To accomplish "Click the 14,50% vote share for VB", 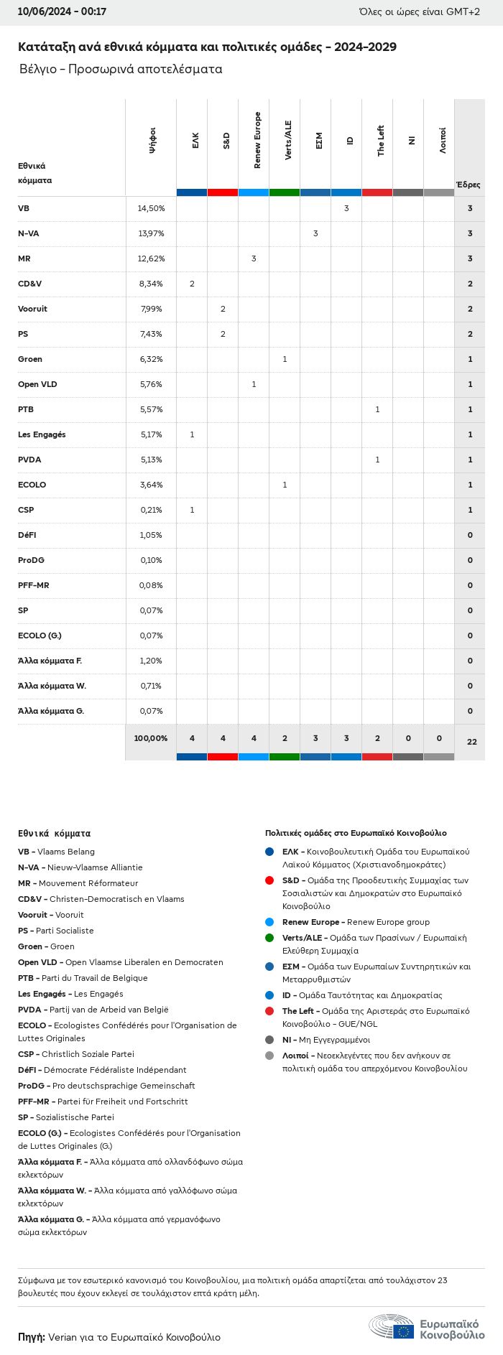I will pos(151,208).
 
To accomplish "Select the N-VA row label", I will pos(28,233).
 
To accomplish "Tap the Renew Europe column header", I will pos(257,140).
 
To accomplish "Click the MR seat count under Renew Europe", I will pos(254,259).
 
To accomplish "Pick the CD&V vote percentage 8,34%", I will pos(151,284).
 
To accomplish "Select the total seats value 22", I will pos(471,742).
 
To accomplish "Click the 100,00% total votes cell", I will pos(151,738).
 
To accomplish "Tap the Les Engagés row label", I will pos(42,434).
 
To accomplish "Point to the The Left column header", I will pos(381,141).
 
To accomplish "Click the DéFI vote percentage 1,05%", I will pos(151,535).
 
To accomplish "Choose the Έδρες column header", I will pos(468,185).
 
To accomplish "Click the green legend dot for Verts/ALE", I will pos(269,938).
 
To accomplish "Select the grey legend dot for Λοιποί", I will pos(269,1056).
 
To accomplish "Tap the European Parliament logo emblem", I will pos(392,1326).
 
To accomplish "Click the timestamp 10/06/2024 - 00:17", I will pos(63,11).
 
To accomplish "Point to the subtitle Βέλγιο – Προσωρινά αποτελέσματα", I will pos(121,69).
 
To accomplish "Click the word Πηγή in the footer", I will pos(32,1337).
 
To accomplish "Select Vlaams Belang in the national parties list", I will pos(66,852).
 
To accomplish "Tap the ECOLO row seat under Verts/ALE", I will pos(285,485).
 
